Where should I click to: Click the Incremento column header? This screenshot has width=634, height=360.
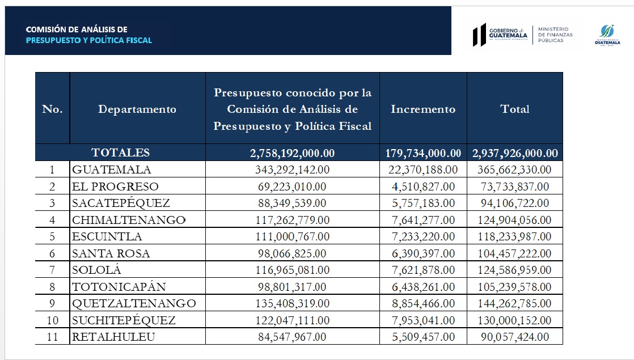pos(423,109)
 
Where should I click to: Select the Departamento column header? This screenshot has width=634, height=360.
pos(137,109)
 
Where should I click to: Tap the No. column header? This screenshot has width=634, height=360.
pos(52,109)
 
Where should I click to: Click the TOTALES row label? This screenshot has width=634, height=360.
pos(121,153)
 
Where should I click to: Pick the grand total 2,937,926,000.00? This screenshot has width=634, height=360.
pos(515,153)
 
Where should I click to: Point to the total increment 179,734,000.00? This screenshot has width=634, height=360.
pos(423,153)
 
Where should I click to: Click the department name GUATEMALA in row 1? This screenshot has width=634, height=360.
pos(112,170)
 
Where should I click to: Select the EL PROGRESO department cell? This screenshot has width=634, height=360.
pos(115,187)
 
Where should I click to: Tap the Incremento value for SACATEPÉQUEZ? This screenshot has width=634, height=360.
pos(423,203)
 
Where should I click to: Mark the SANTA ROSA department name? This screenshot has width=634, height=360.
pos(111,253)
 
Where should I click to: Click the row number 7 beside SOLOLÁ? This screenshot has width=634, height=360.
pos(52,270)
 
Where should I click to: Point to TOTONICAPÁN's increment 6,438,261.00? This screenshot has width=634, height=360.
pos(423,287)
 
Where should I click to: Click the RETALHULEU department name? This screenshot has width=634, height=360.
pos(113,337)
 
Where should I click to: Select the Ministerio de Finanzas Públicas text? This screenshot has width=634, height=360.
pos(555,35)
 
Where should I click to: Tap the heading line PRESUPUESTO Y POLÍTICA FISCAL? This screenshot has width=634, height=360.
pos(90,40)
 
